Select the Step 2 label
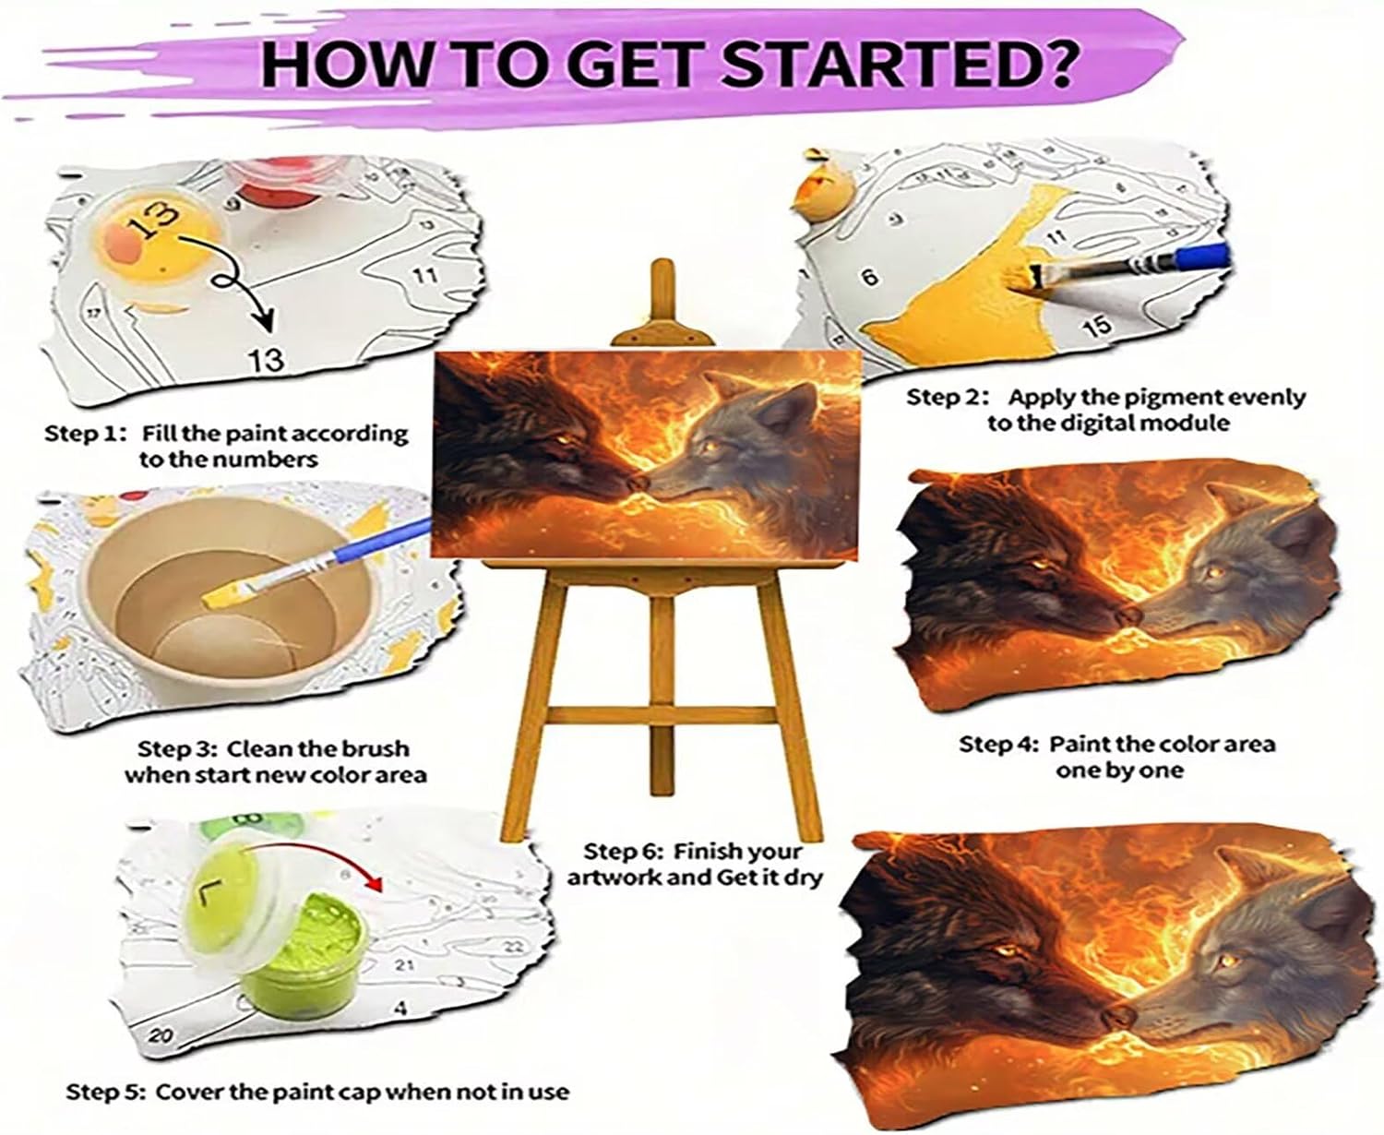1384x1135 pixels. click(x=946, y=397)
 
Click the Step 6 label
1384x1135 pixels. click(x=623, y=852)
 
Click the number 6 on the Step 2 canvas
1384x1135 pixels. click(x=870, y=277)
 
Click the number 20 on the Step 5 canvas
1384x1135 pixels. click(x=161, y=1036)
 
